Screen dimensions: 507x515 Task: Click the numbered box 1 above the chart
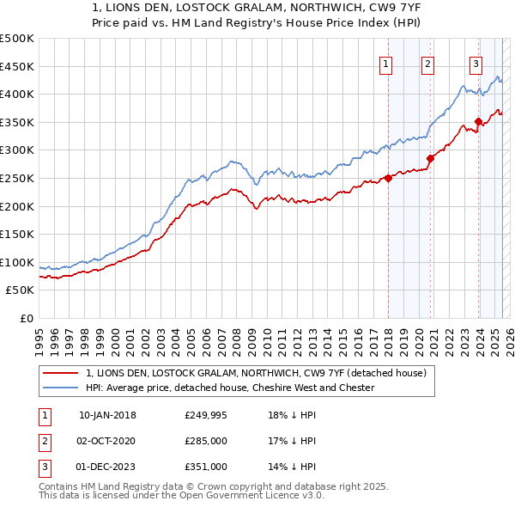click(x=385, y=63)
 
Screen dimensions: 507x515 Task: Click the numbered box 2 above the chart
click(x=427, y=63)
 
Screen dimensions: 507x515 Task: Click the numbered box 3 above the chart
click(x=476, y=63)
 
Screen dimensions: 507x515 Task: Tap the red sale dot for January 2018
click(x=388, y=178)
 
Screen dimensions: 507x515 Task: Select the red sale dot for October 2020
click(x=431, y=158)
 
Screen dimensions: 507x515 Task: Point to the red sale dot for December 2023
click(x=478, y=121)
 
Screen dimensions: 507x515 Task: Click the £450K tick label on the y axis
click(x=17, y=66)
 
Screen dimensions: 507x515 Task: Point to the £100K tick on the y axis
click(x=17, y=262)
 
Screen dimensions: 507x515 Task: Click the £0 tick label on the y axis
click(x=26, y=318)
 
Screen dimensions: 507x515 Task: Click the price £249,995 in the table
click(x=206, y=415)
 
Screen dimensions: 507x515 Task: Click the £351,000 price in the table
click(x=206, y=466)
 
